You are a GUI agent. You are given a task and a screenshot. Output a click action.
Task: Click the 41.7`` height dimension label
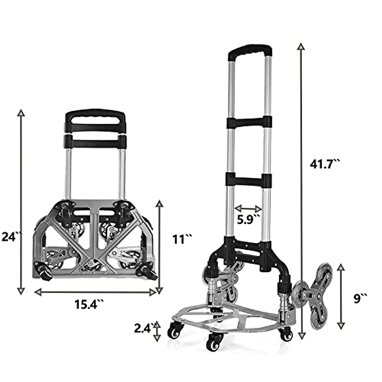coord(325,164)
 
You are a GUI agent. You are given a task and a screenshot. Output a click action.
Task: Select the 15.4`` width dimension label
coord(89,304)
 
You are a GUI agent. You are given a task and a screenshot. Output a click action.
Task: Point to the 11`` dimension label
coord(183,239)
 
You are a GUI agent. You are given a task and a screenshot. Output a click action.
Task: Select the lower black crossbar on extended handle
coord(249,180)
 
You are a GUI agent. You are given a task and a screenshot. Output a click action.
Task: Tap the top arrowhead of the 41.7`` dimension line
coord(301,46)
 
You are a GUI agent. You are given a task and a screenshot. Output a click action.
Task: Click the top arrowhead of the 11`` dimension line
coord(159,203)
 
